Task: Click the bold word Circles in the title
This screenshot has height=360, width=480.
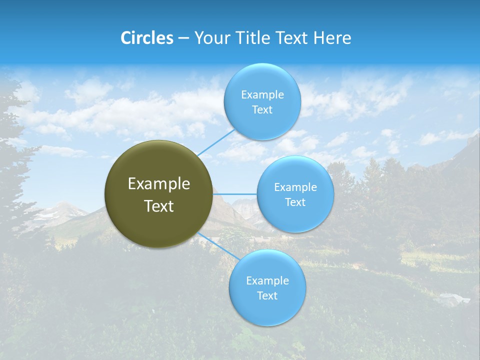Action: coord(146,38)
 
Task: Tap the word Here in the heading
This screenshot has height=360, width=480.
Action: coord(332,38)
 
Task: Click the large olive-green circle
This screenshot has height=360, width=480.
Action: coord(159,225)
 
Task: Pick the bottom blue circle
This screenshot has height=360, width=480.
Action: coord(267,310)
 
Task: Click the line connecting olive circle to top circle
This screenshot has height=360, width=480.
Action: coord(216,142)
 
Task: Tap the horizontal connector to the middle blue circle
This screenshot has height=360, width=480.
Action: coord(235,194)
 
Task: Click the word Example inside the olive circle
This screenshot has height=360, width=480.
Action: coord(159,184)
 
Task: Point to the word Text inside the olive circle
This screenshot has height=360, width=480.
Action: coord(159,206)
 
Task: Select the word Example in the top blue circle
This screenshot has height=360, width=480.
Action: coord(262,95)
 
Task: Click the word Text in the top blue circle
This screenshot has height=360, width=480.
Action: coord(262,110)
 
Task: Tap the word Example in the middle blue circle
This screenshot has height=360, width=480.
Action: coord(295,187)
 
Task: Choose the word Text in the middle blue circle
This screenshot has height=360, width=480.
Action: coord(295,202)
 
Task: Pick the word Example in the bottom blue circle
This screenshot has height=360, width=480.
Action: coord(267,281)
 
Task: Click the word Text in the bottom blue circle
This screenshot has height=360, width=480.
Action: coord(267,296)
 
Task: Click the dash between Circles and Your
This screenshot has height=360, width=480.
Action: coord(183,38)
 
